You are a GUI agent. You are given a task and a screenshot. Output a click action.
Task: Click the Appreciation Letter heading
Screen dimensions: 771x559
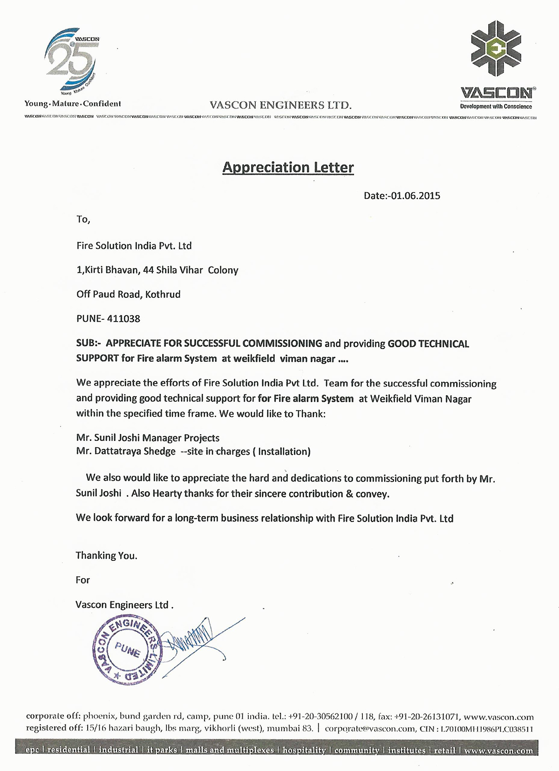pyautogui.click(x=288, y=167)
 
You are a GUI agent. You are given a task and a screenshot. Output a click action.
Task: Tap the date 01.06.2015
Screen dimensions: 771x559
pyautogui.click(x=416, y=196)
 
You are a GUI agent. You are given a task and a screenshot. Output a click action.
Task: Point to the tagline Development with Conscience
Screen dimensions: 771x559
pyautogui.click(x=496, y=107)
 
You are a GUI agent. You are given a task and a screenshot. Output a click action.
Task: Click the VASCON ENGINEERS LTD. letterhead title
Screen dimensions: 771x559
pyautogui.click(x=280, y=105)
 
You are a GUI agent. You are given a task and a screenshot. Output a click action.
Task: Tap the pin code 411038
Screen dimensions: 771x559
pyautogui.click(x=123, y=319)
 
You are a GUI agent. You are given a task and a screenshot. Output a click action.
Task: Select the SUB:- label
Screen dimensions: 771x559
pyautogui.click(x=89, y=344)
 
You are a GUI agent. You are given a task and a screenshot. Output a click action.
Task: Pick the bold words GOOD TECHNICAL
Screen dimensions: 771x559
pyautogui.click(x=428, y=344)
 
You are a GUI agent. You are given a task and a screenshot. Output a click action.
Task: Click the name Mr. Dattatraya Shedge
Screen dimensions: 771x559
pyautogui.click(x=126, y=451)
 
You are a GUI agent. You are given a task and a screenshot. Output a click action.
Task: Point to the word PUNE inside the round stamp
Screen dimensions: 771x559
pyautogui.click(x=127, y=649)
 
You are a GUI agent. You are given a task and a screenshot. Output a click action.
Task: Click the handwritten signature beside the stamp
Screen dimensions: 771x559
pyautogui.click(x=191, y=640)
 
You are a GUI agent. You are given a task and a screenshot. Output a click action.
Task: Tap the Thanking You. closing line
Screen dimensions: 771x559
pyautogui.click(x=106, y=556)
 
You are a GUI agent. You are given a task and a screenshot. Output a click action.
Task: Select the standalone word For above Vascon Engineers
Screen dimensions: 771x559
pyautogui.click(x=82, y=580)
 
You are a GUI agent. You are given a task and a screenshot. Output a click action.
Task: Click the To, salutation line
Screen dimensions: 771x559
pyautogui.click(x=83, y=220)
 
